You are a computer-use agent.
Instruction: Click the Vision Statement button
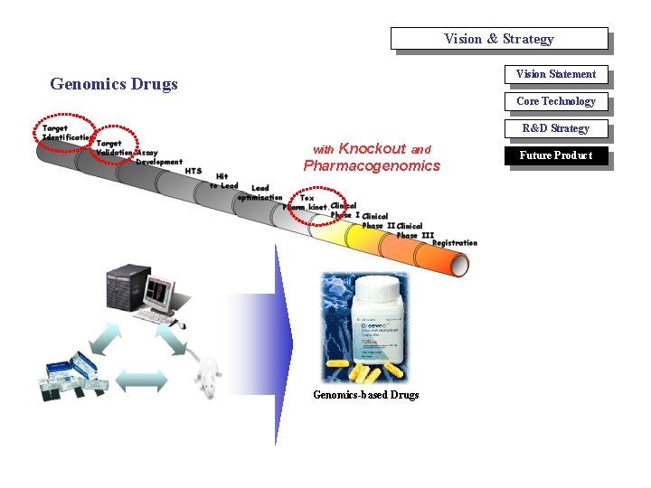[x=555, y=74]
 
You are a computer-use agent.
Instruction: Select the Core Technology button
[x=555, y=101]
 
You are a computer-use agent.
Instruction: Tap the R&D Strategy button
[x=555, y=128]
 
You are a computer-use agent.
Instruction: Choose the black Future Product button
[x=555, y=155]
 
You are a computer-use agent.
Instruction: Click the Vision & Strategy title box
[x=498, y=39]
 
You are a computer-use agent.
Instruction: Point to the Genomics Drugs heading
[x=114, y=84]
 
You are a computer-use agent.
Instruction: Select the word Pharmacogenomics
[x=372, y=166]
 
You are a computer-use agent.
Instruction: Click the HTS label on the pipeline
[x=193, y=171]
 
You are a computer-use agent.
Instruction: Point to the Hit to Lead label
[x=223, y=181]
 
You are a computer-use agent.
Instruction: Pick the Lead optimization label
[x=259, y=192]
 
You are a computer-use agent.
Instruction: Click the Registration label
[x=454, y=243]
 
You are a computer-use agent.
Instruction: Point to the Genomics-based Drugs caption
[x=365, y=395]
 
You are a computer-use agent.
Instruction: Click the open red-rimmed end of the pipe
[x=458, y=264]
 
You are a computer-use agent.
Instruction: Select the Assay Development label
[x=159, y=158]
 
